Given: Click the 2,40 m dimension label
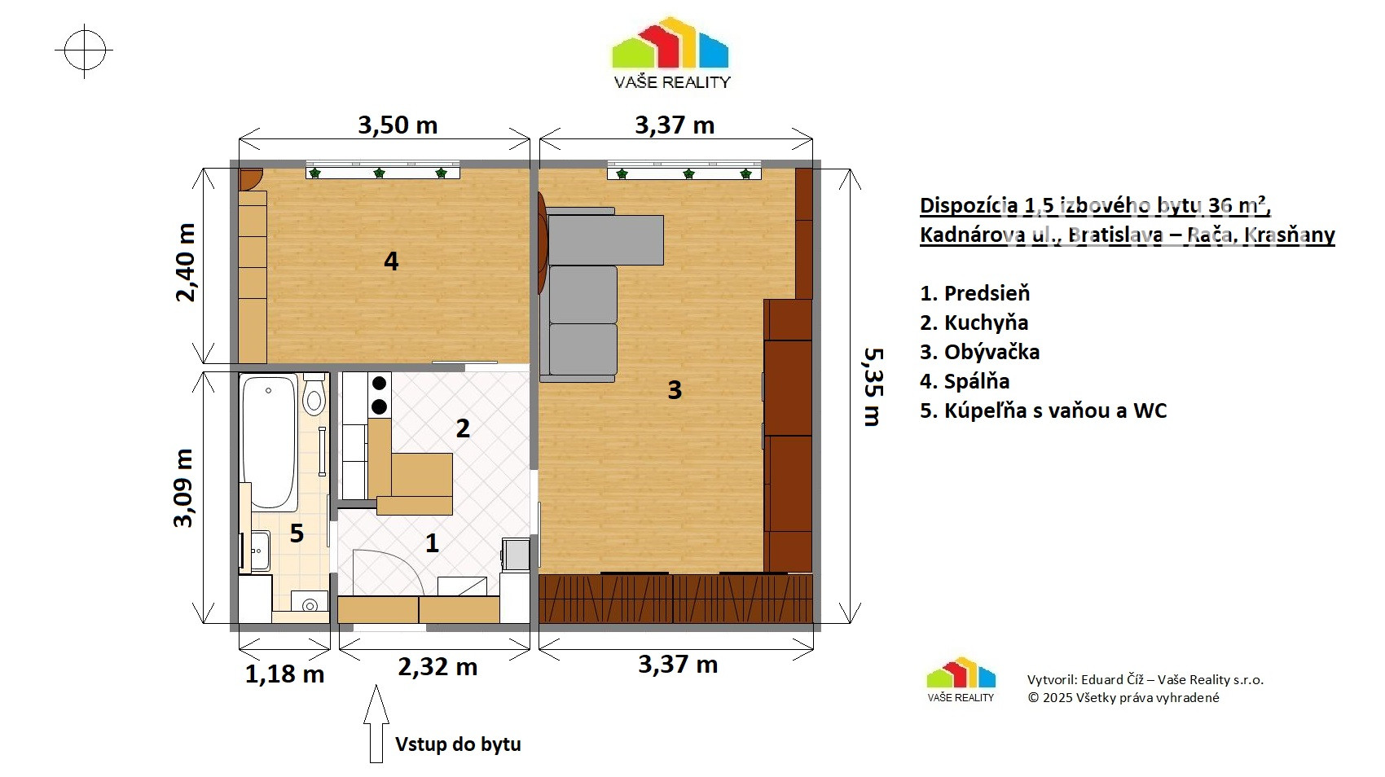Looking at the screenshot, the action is [186, 263].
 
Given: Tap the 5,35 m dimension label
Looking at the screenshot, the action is [873, 388].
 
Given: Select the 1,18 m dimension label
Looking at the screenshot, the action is [284, 674].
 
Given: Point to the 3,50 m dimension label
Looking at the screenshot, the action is [398, 125].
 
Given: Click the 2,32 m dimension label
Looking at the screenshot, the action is [437, 667].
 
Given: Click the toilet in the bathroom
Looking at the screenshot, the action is [314, 393].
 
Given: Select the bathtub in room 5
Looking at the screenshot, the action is [268, 442].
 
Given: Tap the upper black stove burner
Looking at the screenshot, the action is [379, 384].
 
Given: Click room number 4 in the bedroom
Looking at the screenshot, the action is [391, 261].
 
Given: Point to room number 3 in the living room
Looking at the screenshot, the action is [675, 390].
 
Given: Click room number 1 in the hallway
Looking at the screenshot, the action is [432, 543].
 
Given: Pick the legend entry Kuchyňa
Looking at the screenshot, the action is [974, 323].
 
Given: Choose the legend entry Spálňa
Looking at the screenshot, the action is [965, 381].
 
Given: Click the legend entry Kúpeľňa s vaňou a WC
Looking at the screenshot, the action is [1043, 410].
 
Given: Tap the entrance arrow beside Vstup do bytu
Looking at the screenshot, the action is [376, 723].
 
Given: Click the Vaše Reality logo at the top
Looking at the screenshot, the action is [671, 53].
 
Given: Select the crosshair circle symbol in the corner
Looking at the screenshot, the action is [85, 50].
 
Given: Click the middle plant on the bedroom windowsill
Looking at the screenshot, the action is [379, 173].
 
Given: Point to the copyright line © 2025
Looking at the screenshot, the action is [1123, 698].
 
